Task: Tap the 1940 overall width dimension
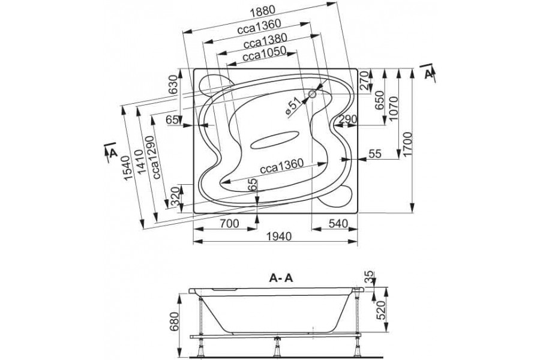pos(279,236)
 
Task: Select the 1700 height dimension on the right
pos(407,144)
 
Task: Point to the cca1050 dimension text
pos(264,53)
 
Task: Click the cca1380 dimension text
pos(265,41)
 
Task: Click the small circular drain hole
pos(313,94)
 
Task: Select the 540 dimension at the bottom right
pos(338,224)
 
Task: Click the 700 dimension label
pos(229,224)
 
